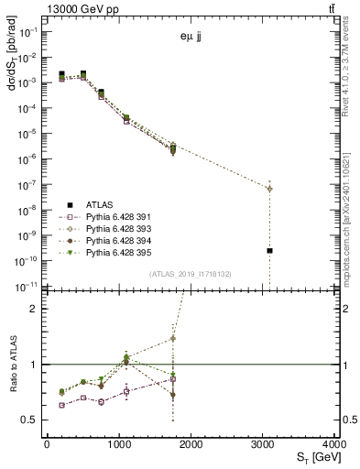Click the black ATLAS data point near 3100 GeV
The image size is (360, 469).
point(269,250)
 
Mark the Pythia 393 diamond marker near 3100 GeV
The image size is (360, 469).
point(269,189)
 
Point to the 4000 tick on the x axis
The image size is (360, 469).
point(334,444)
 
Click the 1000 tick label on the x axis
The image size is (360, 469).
point(119,444)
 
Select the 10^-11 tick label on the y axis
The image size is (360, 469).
point(25,286)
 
